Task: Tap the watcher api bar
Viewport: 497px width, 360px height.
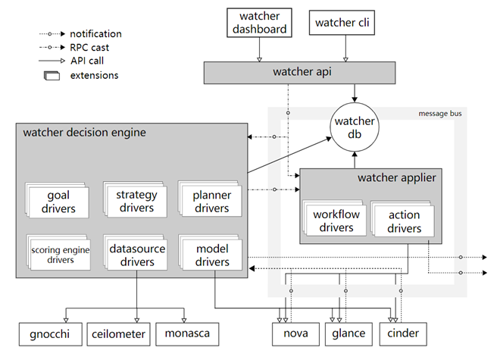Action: coord(301,73)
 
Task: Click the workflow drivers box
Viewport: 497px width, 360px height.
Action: coord(336,221)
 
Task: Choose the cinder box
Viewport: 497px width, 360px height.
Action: coord(403,333)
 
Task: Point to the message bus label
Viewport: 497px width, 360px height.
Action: coord(439,114)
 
